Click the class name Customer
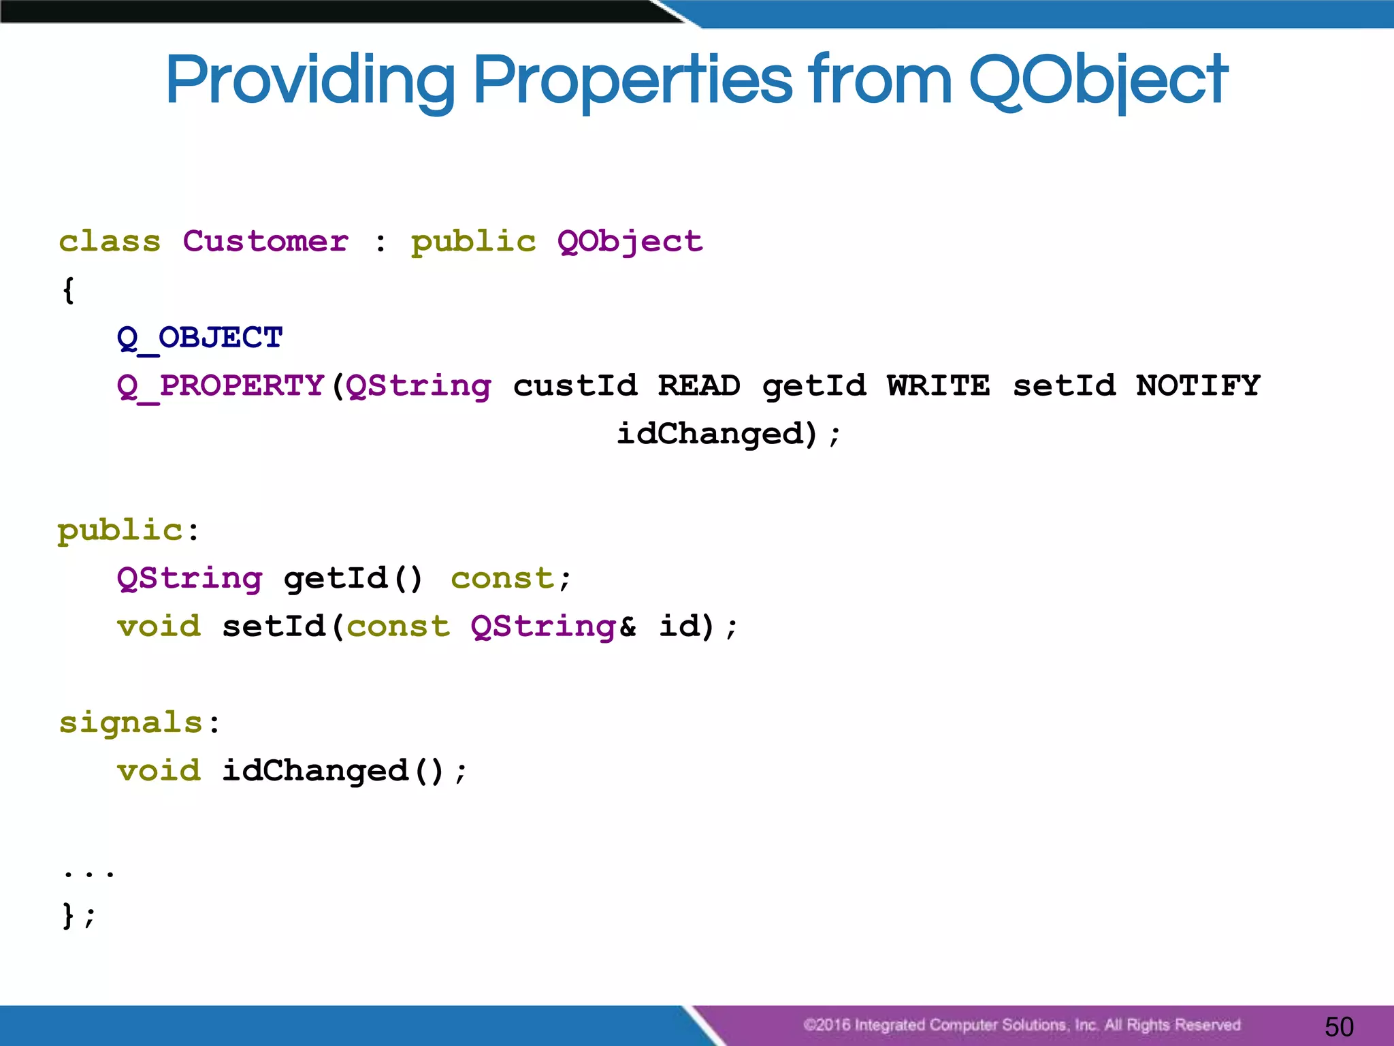pos(265,242)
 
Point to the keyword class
pos(110,242)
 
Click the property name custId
pos(575,386)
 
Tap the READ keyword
pos(699,386)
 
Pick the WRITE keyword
pos(938,386)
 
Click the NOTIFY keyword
pos(1198,386)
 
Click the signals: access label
pos(139,723)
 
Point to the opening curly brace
pos(68,291)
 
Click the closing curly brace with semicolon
pos(78,915)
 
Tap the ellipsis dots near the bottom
pos(88,872)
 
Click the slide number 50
pos(1339,1026)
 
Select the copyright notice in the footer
pos(1021,1025)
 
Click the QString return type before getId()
pos(189,579)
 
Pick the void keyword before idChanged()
pos(159,771)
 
